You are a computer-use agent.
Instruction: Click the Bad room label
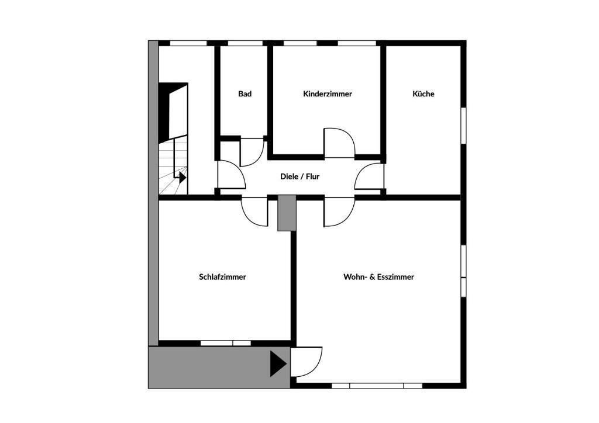pos(245,93)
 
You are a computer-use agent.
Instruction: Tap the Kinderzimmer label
pos(328,93)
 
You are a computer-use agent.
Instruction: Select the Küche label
pos(424,93)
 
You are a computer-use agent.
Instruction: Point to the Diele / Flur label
pos(299,176)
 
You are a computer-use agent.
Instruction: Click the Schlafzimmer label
pos(222,277)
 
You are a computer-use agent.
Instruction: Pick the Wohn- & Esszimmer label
pos(378,277)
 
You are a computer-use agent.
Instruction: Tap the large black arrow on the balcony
pos(278,363)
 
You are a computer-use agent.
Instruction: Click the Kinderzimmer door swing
pos(339,143)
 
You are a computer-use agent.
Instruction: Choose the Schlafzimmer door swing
pos(254,211)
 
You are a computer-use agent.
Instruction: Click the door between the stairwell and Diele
pos(230,175)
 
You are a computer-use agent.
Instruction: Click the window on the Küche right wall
pos(463,124)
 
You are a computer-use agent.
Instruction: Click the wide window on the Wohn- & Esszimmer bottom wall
pos(377,386)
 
